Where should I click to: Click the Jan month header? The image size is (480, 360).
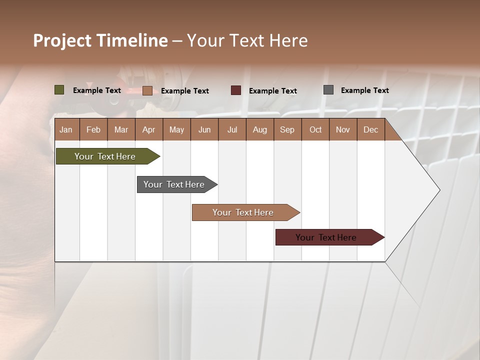(x=66, y=130)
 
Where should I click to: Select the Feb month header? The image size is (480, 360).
(x=93, y=130)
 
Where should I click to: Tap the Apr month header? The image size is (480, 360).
(x=148, y=130)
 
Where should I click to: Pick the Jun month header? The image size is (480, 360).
(x=204, y=130)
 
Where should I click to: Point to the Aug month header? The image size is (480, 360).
(x=259, y=130)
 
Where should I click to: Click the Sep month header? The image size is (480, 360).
(x=287, y=130)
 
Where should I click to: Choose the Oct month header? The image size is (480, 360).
(x=315, y=130)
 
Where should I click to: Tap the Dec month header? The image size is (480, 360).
(x=370, y=130)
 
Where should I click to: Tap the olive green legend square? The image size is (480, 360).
(x=59, y=90)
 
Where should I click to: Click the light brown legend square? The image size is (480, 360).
(x=147, y=90)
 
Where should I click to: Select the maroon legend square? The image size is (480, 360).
(x=236, y=90)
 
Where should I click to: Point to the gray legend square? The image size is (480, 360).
(x=328, y=90)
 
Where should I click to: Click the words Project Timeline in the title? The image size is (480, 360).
(x=100, y=40)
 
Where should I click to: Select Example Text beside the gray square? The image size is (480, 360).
(x=364, y=90)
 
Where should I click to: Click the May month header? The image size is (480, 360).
(x=176, y=130)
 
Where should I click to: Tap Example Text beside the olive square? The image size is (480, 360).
(x=97, y=90)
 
